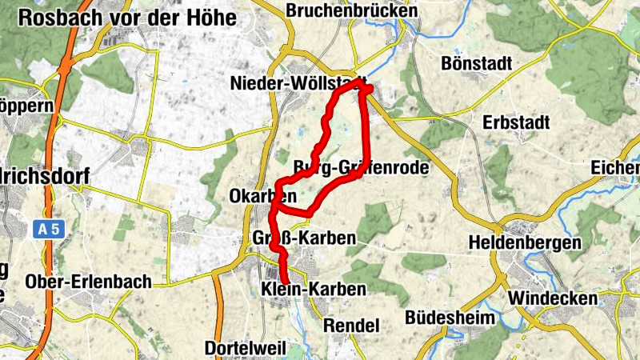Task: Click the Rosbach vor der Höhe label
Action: tap(127, 18)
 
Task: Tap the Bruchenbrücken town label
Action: tap(351, 11)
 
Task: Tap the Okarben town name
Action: tap(262, 195)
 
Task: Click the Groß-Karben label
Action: tap(304, 238)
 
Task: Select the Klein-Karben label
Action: tap(314, 289)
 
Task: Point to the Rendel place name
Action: tap(351, 325)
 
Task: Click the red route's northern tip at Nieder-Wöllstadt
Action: tap(362, 82)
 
